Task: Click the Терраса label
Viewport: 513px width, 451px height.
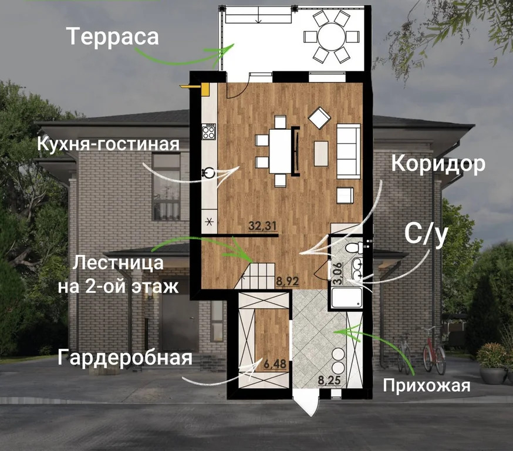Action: (113, 37)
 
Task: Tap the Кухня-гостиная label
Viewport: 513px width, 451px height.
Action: (108, 144)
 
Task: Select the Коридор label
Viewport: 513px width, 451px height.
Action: (438, 163)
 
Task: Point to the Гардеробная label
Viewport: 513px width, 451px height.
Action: (124, 357)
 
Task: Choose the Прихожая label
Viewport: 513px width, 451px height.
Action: (427, 385)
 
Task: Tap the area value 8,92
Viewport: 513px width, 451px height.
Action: (288, 281)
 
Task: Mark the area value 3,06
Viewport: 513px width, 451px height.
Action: (337, 274)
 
